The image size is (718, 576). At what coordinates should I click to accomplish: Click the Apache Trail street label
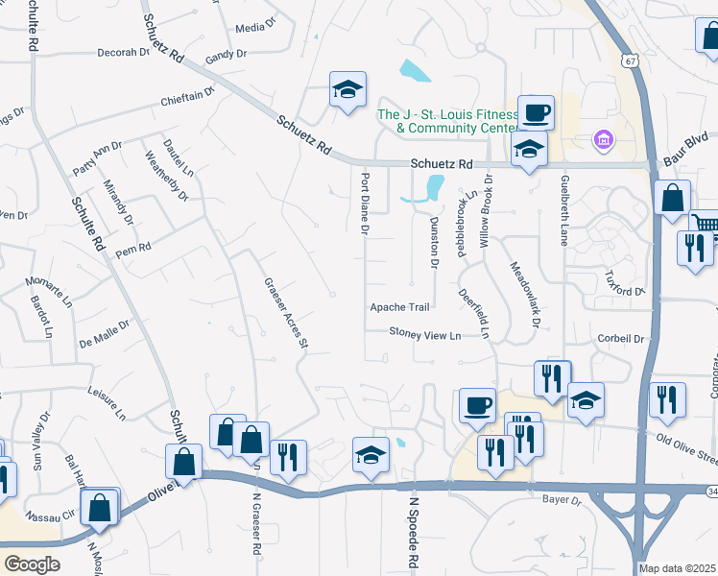(x=400, y=307)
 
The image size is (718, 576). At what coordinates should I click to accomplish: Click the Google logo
(x=32, y=564)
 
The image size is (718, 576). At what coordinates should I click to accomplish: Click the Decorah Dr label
(x=123, y=53)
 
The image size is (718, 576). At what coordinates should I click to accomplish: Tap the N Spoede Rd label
(x=416, y=534)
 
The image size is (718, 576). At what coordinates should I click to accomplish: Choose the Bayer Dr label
(x=562, y=500)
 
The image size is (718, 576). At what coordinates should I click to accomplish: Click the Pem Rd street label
(x=133, y=248)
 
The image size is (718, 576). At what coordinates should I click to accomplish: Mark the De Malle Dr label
(x=104, y=333)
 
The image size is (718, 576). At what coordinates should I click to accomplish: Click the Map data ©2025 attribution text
(x=676, y=568)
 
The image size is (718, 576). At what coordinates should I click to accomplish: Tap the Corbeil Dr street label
(x=619, y=339)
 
